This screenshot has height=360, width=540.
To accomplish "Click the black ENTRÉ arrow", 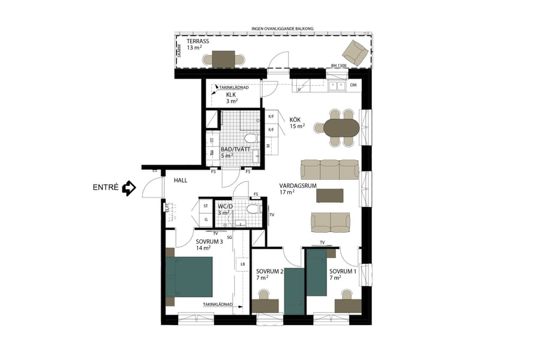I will [x=128, y=188].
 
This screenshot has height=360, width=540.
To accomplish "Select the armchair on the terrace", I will [x=358, y=52].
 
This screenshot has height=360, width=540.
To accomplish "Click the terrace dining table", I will [x=224, y=59].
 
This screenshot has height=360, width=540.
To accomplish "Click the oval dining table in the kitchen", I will [x=341, y=127].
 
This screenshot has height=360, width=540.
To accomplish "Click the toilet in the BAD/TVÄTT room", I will [x=251, y=139].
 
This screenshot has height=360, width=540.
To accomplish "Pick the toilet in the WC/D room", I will [x=254, y=209].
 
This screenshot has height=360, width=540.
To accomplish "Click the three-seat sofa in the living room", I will [x=329, y=169].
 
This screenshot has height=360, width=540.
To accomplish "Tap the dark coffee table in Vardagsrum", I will [x=330, y=196].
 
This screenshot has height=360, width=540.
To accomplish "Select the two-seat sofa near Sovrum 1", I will [x=330, y=222].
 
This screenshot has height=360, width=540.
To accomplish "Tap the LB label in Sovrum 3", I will [x=243, y=265].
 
